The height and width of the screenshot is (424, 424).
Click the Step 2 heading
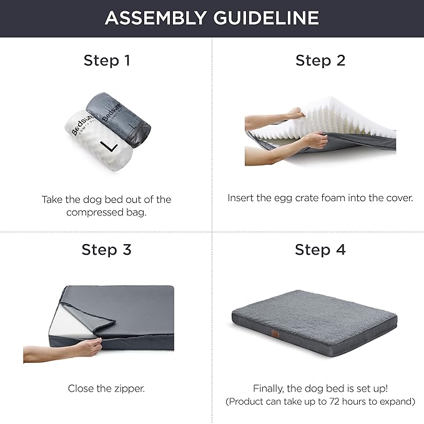pyautogui.click(x=320, y=61)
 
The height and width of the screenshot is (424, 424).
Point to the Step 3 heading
pyautogui.click(x=106, y=250)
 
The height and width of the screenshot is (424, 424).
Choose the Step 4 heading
pyautogui.click(x=320, y=250)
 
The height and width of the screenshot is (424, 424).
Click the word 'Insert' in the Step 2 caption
pyautogui.click(x=240, y=198)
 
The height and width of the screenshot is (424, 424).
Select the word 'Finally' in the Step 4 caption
pyautogui.click(x=270, y=388)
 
